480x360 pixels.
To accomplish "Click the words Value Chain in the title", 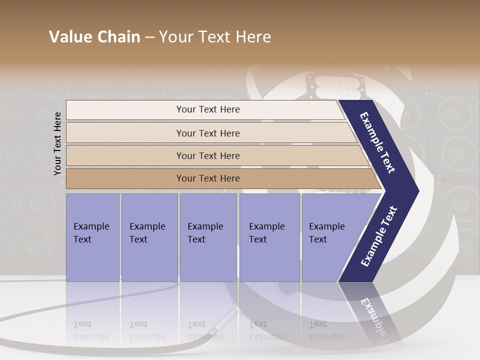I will pos(94,37).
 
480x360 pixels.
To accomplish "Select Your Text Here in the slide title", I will pos(215,37).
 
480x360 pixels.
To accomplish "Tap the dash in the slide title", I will pos(149,37).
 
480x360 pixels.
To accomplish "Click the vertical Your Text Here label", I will pos(57,143).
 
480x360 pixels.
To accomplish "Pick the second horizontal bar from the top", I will pos(208,133).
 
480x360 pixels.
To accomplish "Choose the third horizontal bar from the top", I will pos(208,155).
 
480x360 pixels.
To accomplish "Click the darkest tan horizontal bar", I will pos(208,178).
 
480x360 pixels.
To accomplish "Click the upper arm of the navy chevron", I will pos(377,142).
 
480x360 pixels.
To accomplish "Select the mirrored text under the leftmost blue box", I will pos(91,330).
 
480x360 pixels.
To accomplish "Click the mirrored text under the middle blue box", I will pos(205,330).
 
